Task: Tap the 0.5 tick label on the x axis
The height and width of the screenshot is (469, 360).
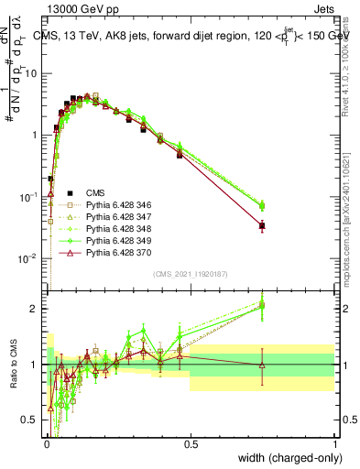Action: point(191,443)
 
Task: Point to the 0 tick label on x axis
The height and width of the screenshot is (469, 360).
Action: point(47,443)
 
